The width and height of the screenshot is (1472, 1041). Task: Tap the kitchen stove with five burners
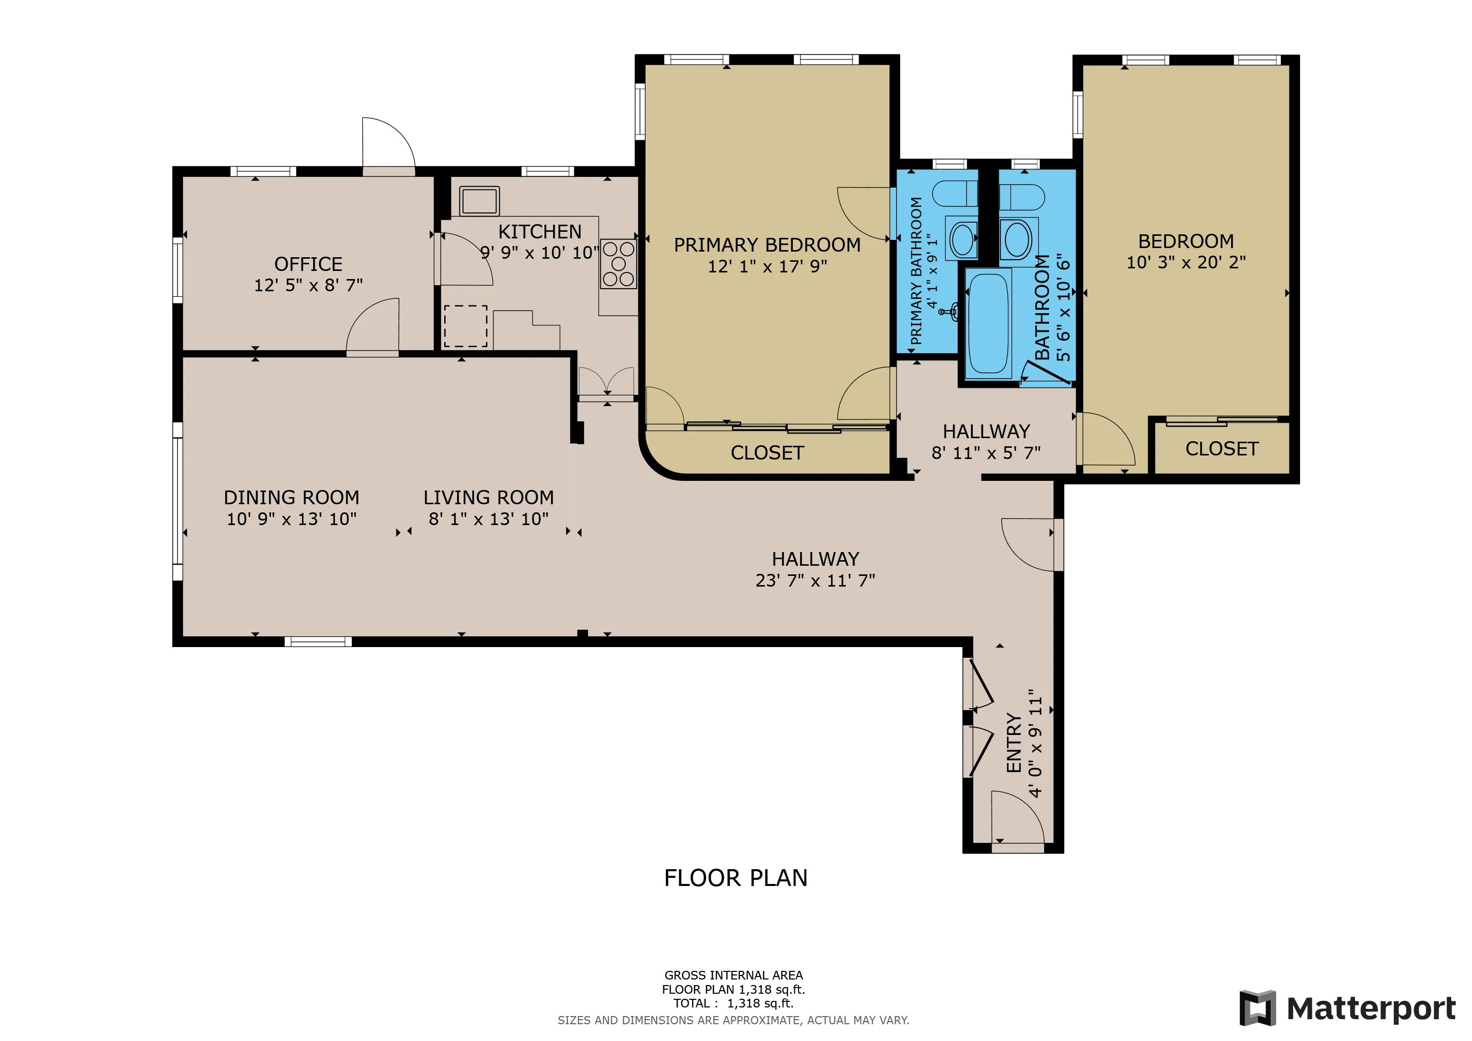click(618, 263)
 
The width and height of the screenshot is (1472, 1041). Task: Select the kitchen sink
click(479, 201)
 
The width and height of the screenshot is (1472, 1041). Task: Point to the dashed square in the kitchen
click(466, 326)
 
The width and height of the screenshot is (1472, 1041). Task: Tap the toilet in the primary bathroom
click(954, 194)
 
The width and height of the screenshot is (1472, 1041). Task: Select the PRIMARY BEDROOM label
click(767, 245)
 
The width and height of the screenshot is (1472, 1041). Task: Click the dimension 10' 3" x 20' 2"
click(1186, 262)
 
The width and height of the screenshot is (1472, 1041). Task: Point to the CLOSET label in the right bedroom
click(1221, 449)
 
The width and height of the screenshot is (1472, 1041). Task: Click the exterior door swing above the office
click(387, 145)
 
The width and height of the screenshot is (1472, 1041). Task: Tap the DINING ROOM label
click(291, 498)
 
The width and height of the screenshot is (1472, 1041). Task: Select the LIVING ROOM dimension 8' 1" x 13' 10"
click(488, 518)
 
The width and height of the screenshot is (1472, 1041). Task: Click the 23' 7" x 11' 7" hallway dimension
click(815, 580)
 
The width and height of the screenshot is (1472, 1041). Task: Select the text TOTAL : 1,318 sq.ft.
click(733, 1003)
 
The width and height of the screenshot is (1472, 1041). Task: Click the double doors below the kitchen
click(606, 383)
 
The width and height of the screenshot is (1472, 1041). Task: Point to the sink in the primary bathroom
click(963, 240)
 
